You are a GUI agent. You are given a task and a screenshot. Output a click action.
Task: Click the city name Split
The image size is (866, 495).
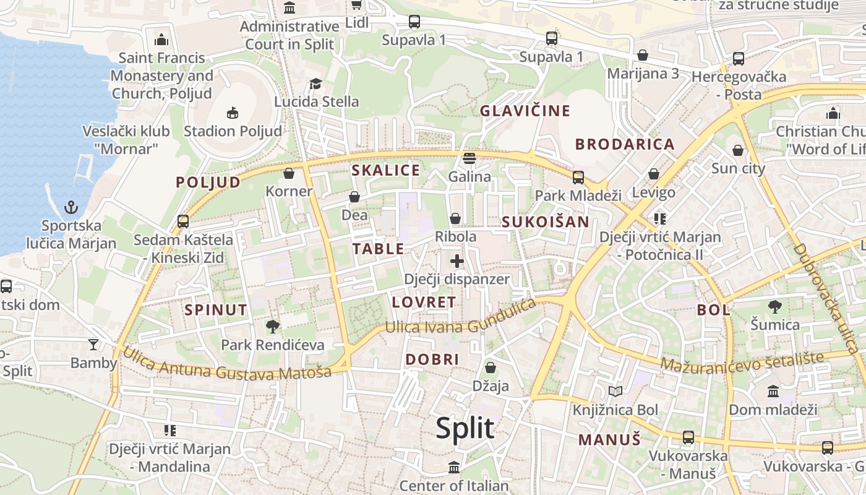tap(465, 428)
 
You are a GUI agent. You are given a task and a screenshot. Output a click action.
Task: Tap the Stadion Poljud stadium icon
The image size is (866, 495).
tap(233, 113)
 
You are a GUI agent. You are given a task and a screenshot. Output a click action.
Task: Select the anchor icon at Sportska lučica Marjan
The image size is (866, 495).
tap(72, 207)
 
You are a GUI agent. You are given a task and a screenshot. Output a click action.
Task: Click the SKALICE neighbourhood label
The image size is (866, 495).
tap(385, 170)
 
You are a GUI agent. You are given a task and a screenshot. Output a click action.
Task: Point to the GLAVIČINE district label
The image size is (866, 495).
tap(525, 111)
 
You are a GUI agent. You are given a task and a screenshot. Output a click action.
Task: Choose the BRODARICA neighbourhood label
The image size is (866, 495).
tap(625, 144)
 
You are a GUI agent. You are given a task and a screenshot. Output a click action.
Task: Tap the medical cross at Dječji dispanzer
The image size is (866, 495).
tap(457, 261)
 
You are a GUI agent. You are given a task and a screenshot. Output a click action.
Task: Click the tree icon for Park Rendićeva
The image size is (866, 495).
tap(272, 327)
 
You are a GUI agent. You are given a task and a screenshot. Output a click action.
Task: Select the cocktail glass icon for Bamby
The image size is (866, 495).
tap(93, 344)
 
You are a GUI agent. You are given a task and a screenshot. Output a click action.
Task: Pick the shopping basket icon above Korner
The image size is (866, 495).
tap(288, 173)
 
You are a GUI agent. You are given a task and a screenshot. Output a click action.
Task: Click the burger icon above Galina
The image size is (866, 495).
tap(469, 158)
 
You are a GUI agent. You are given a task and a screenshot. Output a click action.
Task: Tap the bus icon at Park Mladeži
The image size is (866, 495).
tap(578, 178)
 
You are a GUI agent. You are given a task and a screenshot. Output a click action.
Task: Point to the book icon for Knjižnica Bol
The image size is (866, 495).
tap(615, 391)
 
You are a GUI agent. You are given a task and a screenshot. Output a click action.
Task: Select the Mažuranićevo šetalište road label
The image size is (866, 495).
tap(742, 361)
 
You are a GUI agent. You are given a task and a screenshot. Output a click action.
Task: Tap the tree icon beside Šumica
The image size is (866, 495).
tap(774, 306)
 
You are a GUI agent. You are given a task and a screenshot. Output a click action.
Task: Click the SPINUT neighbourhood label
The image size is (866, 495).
tap(216, 310)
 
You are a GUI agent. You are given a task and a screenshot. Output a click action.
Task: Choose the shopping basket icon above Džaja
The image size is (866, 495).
tap(491, 368)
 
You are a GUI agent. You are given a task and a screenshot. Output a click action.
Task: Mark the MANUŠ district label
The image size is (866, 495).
tap(609, 440)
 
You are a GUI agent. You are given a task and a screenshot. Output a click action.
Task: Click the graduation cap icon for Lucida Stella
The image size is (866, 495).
tap(316, 84)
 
